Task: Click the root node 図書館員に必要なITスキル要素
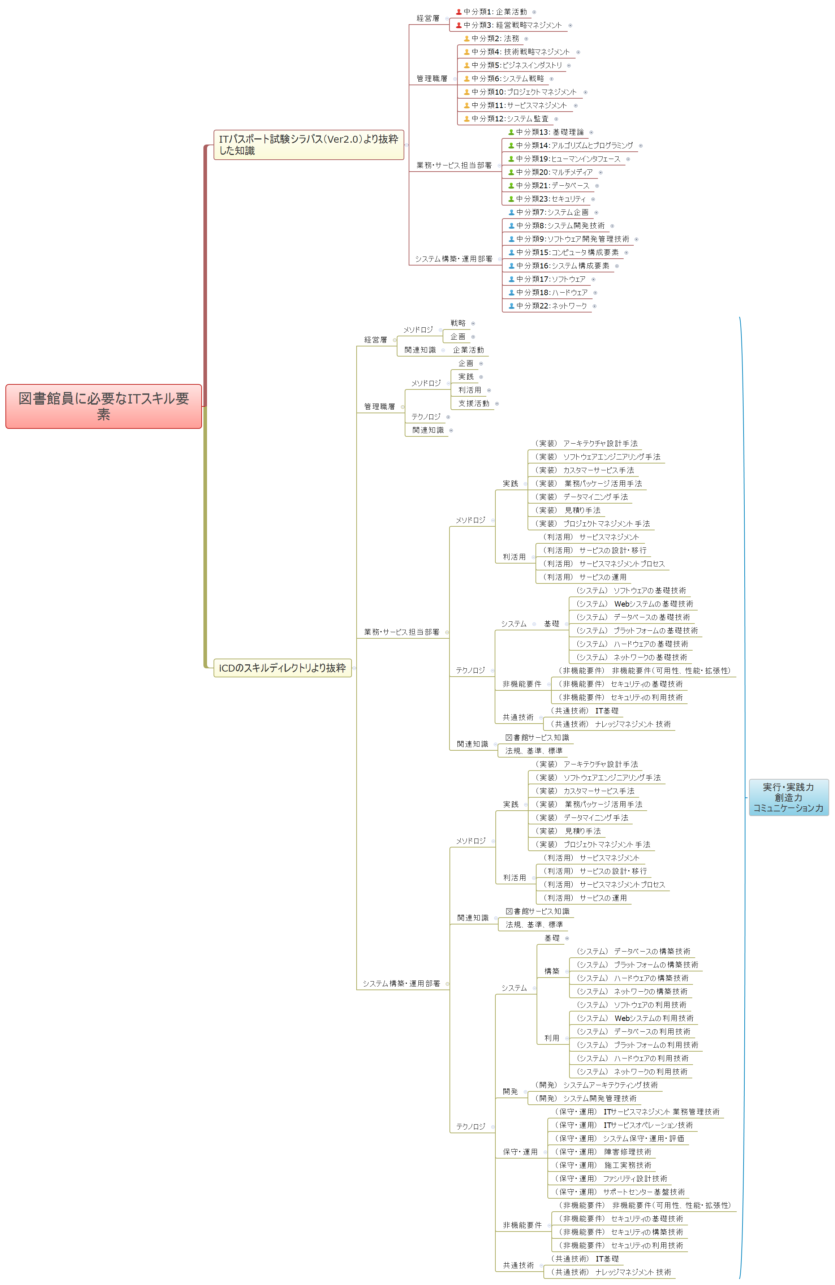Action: pyautogui.click(x=103, y=406)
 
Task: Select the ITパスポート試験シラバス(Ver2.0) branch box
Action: pyautogui.click(x=309, y=145)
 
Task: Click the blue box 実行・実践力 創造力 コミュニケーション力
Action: pyautogui.click(x=788, y=797)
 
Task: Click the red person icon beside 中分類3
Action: pyautogui.click(x=459, y=25)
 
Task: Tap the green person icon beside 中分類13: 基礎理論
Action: pyautogui.click(x=511, y=132)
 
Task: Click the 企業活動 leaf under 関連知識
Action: pyautogui.click(x=468, y=350)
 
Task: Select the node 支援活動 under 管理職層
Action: pyautogui.click(x=474, y=403)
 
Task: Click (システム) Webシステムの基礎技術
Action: pyautogui.click(x=634, y=604)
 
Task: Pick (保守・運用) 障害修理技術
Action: pyautogui.click(x=603, y=1152)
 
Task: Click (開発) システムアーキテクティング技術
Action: pyautogui.click(x=596, y=1085)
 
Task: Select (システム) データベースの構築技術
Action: pyautogui.click(x=633, y=951)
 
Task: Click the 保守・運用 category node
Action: pyautogui.click(x=520, y=1152)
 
